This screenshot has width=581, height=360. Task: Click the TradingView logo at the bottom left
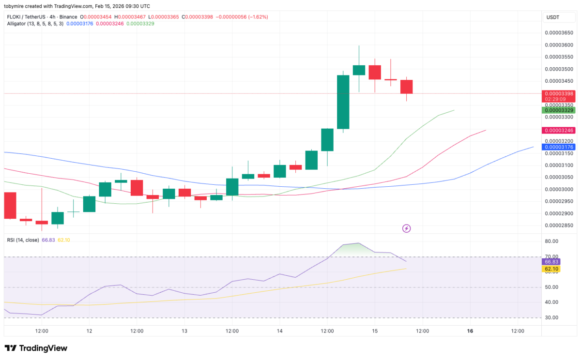36,348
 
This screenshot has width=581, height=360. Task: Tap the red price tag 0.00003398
559,93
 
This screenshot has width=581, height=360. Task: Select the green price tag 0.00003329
559,110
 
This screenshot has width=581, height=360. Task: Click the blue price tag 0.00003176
559,147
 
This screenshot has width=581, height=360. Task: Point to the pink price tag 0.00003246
559,130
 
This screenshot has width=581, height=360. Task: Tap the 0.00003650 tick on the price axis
559,33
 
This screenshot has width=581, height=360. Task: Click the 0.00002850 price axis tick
559,225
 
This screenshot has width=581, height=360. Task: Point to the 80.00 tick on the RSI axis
552,241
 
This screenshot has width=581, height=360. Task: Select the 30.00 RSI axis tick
552,318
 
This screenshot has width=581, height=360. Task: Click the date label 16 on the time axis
470,331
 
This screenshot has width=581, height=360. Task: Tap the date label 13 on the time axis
184,331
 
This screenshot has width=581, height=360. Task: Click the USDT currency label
552,17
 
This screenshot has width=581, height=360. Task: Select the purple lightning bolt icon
407,228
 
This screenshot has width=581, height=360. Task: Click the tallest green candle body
343,102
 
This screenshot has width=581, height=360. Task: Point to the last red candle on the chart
406,87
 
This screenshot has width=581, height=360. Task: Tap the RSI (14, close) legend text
23,240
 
